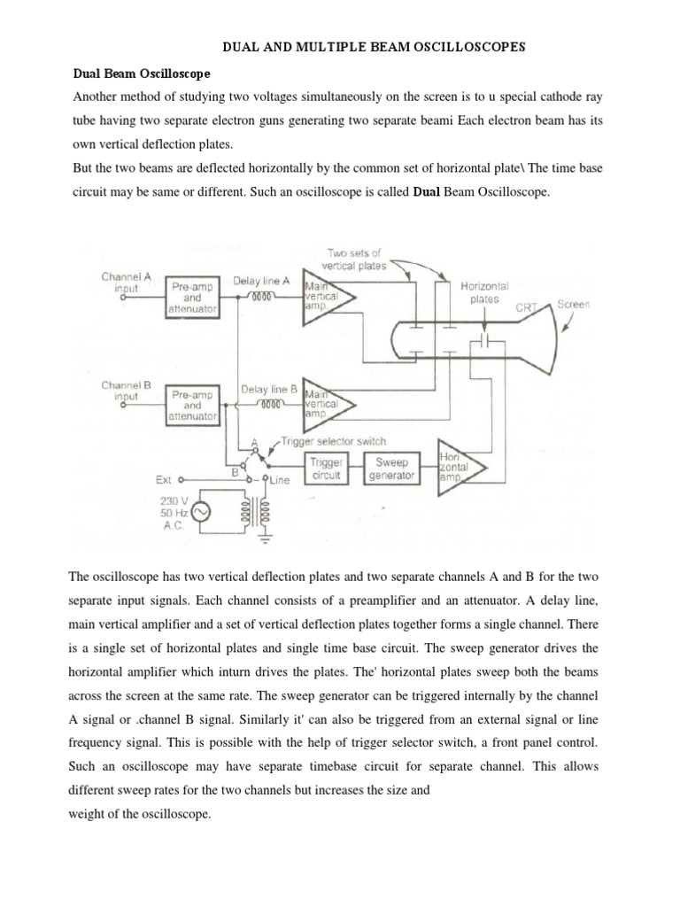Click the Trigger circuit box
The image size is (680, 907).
click(328, 468)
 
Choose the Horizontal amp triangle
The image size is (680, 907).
click(460, 467)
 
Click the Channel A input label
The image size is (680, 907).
click(127, 282)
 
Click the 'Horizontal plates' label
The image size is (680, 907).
click(484, 292)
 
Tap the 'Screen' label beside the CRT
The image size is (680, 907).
click(573, 305)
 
